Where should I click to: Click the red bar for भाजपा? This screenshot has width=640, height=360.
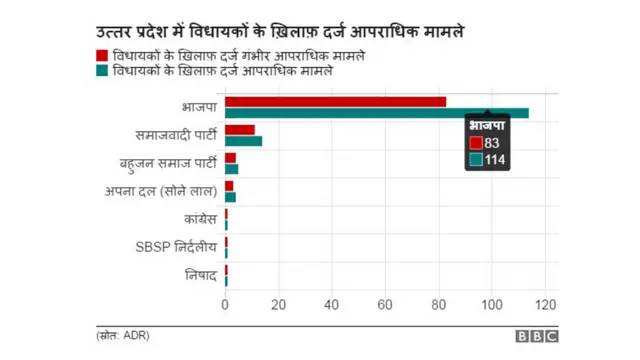tap(335, 101)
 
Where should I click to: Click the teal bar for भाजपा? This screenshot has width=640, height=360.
tap(376, 112)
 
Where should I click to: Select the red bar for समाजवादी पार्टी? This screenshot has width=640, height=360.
tap(239, 129)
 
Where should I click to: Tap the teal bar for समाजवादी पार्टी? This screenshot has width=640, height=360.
tap(243, 141)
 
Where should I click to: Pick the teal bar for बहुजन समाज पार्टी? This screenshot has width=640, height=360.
tap(231, 169)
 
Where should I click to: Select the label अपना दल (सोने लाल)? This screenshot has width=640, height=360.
tap(161, 190)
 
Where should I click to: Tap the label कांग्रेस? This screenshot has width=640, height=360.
tap(197, 218)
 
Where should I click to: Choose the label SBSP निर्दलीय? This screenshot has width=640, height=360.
tap(176, 246)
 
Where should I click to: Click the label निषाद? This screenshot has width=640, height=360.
tap(199, 274)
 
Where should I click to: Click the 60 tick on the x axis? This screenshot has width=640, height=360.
tap(385, 304)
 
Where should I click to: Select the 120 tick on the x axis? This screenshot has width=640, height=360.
tap(545, 304)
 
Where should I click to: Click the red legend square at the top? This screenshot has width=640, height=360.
tap(102, 55)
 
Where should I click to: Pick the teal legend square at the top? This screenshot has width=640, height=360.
tap(102, 72)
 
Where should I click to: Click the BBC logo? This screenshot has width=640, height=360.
tap(537, 337)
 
